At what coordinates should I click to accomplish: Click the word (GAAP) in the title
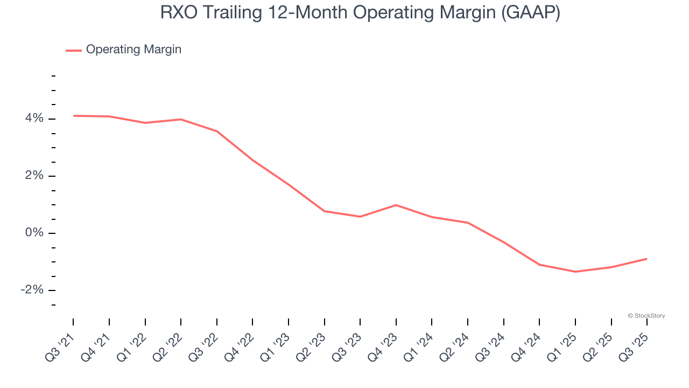(x=530, y=13)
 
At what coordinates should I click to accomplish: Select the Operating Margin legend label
(x=133, y=50)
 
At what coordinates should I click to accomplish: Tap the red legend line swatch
(x=74, y=50)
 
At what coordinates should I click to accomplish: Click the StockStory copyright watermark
(x=646, y=316)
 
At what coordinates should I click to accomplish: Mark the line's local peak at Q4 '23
(x=396, y=205)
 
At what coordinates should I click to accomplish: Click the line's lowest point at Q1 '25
(x=575, y=272)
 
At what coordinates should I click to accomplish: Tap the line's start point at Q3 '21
(x=73, y=115)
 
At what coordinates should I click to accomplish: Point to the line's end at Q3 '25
(x=646, y=259)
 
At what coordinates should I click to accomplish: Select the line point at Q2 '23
(x=325, y=211)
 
